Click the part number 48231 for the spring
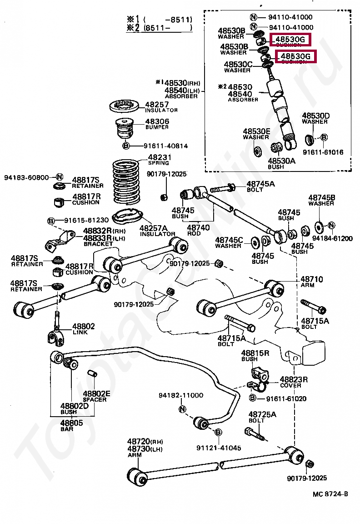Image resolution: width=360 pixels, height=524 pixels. (x=159, y=157)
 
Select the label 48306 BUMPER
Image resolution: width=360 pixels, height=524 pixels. (x=157, y=124)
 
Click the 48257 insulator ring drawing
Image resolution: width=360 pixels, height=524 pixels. (x=124, y=107)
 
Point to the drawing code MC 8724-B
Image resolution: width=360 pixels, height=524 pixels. (x=330, y=494)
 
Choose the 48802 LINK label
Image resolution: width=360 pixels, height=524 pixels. (x=84, y=328)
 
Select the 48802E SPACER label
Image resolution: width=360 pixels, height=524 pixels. (x=95, y=396)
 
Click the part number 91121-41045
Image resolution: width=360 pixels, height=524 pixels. (x=219, y=448)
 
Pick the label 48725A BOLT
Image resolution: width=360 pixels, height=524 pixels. (x=262, y=417)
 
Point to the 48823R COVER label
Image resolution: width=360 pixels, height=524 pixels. (x=293, y=382)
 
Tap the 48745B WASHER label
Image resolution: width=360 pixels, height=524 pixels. (x=321, y=200)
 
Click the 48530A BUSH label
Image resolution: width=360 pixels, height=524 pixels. (x=281, y=163)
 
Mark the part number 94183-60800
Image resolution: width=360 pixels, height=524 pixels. (x=28, y=177)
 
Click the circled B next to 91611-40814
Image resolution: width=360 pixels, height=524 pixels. (x=126, y=146)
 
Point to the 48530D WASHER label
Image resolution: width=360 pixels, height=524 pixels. (x=315, y=118)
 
